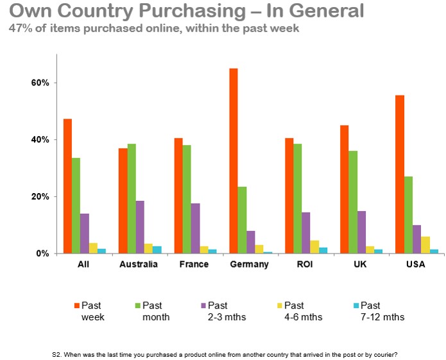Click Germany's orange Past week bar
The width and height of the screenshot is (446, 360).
click(234, 160)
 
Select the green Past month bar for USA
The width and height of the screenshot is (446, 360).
click(409, 215)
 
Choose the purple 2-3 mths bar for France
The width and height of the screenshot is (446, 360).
click(195, 228)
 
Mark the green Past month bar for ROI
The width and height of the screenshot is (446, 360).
click(298, 198)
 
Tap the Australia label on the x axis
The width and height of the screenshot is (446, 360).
click(139, 264)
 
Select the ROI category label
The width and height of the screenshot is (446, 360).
click(305, 264)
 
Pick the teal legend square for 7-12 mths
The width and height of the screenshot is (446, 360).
click(356, 305)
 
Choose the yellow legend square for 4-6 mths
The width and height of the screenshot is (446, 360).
click(279, 305)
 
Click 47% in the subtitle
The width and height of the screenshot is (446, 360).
click(19, 28)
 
